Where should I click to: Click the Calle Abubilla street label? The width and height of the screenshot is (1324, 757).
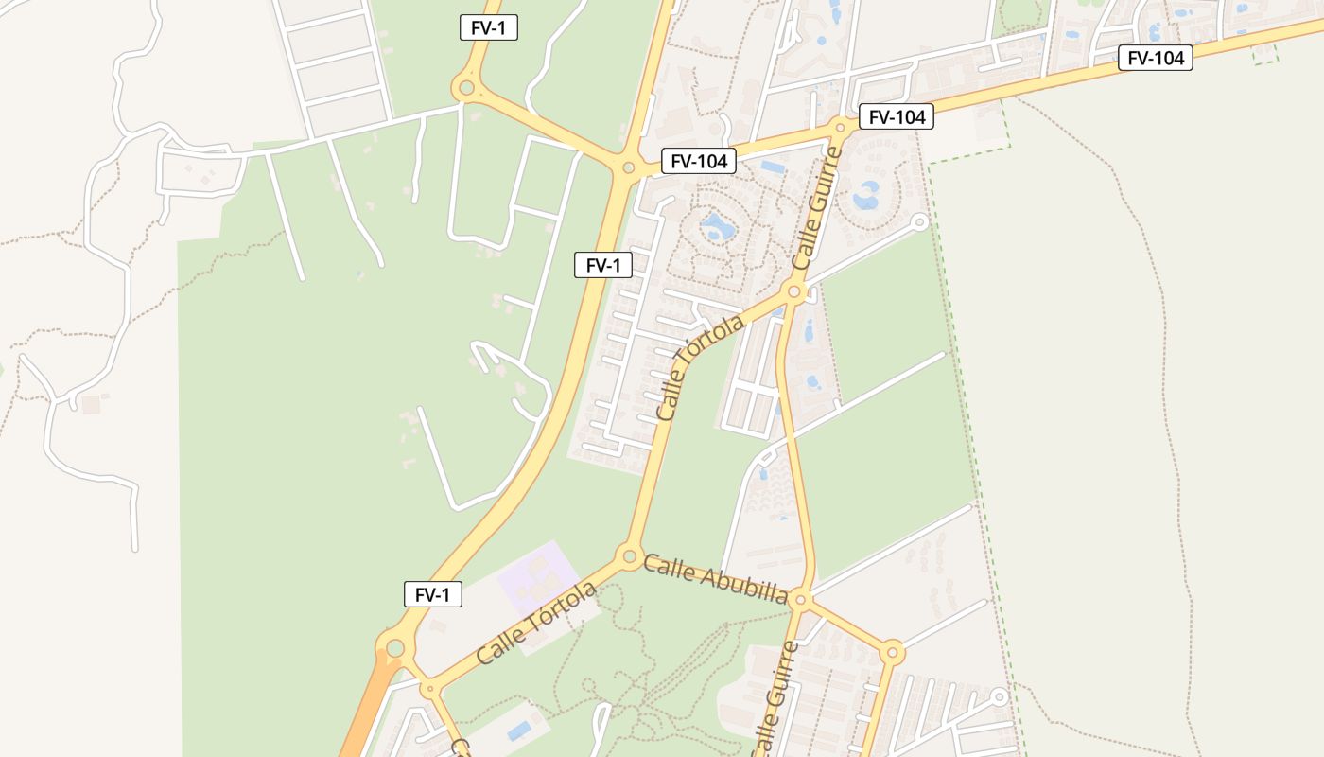[715, 579]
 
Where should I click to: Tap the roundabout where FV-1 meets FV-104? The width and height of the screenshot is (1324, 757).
[628, 167]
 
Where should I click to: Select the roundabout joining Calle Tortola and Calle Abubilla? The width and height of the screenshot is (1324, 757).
[628, 555]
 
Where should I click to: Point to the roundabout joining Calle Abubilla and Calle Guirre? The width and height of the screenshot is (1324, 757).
[801, 599]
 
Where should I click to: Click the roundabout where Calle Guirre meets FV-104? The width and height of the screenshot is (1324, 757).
[839, 127]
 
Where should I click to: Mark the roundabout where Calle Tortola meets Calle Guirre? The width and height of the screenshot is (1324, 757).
[794, 292]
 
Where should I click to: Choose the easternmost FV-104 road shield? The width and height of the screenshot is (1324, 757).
[1155, 58]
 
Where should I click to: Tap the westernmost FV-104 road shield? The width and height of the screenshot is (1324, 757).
[698, 161]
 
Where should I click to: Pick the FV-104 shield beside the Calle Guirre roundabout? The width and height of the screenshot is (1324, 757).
[896, 116]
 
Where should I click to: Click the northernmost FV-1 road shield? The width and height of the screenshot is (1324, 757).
[488, 27]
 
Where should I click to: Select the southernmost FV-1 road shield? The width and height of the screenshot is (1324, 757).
[432, 594]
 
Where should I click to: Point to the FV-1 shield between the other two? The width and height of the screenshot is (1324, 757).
[602, 265]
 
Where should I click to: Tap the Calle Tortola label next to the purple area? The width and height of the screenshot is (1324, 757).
[536, 623]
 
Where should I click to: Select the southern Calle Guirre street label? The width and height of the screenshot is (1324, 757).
[773, 698]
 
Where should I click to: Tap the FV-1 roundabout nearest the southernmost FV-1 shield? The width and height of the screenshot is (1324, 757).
[395, 648]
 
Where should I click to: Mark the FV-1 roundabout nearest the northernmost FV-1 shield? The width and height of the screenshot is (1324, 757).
[464, 89]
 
